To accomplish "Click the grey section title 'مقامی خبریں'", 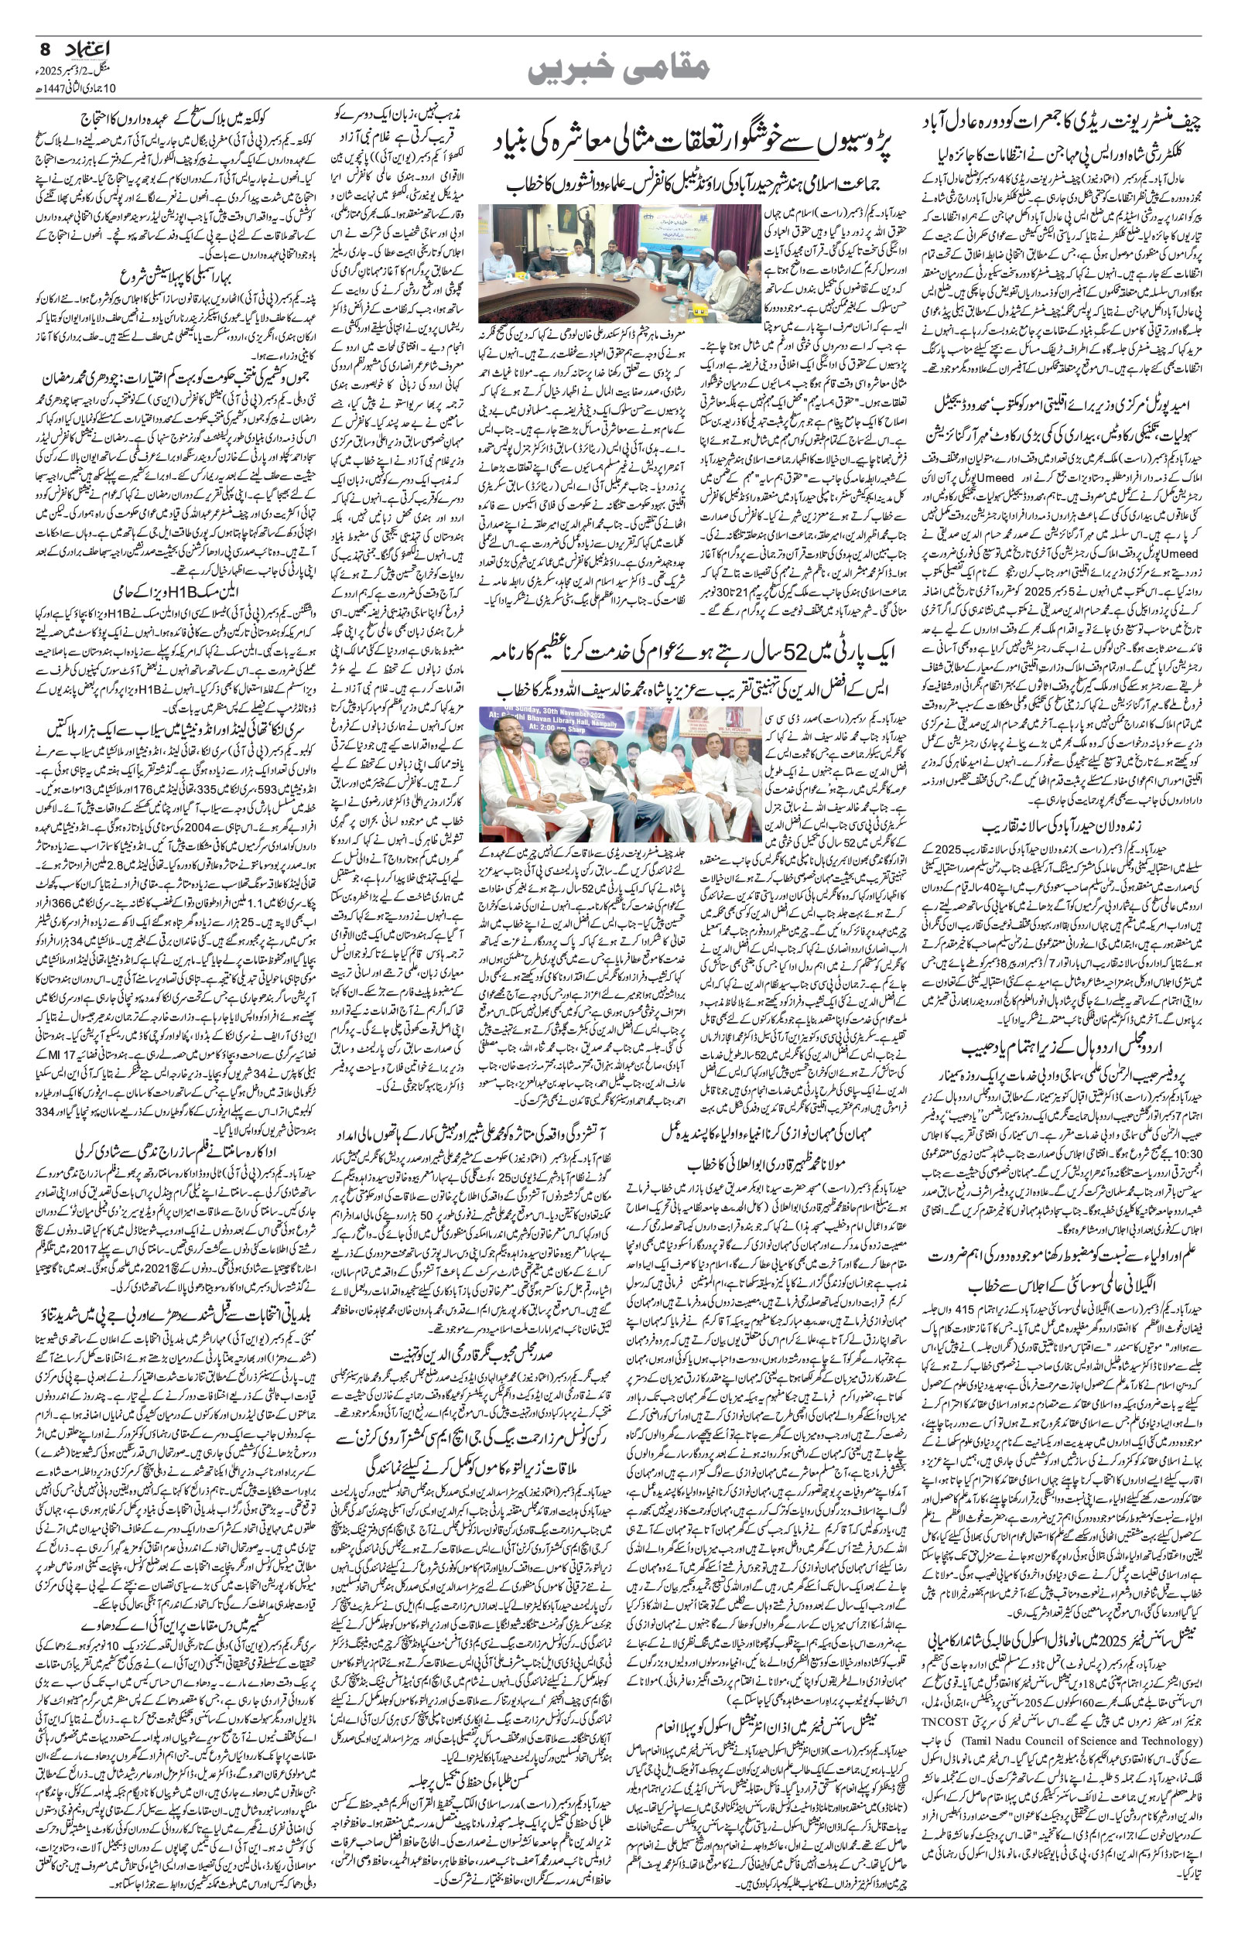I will coord(619,70).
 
